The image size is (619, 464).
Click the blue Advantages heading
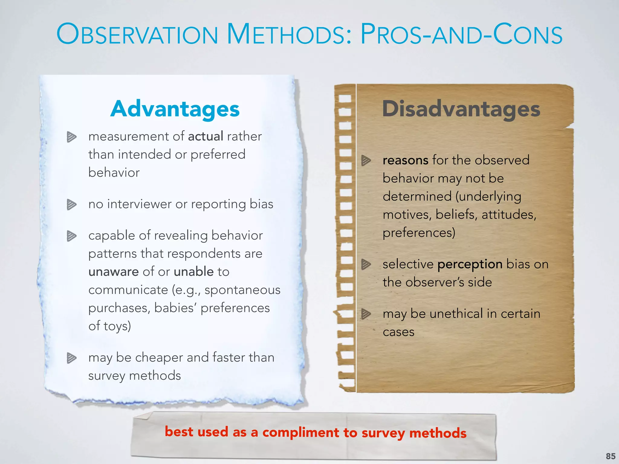click(x=175, y=109)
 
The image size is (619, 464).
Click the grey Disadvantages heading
click(x=461, y=109)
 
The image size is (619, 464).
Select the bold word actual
click(x=206, y=136)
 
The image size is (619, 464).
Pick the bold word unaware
click(x=113, y=272)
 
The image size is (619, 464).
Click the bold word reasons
click(x=405, y=160)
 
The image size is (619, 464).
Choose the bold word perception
click(x=470, y=264)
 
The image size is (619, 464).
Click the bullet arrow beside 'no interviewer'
click(x=72, y=205)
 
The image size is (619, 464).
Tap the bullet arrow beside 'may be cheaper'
click(x=72, y=358)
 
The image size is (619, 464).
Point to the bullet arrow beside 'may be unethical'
click(x=366, y=314)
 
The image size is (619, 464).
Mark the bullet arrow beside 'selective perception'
click(x=366, y=264)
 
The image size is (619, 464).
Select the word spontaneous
click(x=242, y=290)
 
